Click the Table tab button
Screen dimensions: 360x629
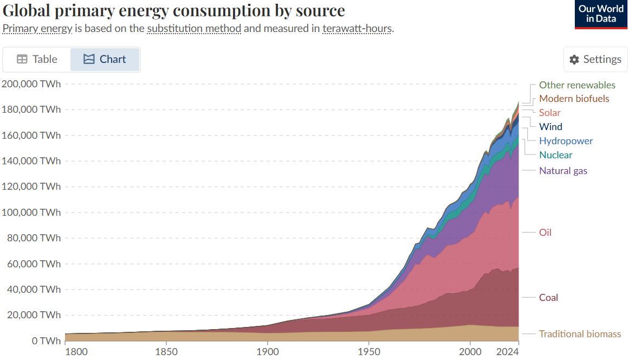tap(37, 60)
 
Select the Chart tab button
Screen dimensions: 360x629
tap(105, 60)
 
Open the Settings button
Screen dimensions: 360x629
tap(595, 60)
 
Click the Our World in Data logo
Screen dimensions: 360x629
tap(601, 14)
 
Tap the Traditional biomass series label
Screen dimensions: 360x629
tap(580, 334)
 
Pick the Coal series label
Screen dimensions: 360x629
tap(548, 298)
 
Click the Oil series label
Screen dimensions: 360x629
tap(545, 233)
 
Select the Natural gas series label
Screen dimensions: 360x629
tap(563, 171)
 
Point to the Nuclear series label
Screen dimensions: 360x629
tap(555, 155)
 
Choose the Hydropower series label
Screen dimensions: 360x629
tap(566, 141)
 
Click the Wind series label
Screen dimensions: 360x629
tap(550, 127)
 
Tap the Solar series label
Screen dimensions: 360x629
tap(549, 113)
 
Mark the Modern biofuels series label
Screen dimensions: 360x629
tap(574, 99)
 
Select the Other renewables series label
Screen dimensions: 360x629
tap(577, 85)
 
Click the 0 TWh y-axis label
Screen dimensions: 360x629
tap(46, 341)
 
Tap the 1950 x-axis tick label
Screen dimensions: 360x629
tap(368, 351)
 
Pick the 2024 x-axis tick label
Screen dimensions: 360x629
tap(508, 351)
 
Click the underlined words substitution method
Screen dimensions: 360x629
tap(194, 28)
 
